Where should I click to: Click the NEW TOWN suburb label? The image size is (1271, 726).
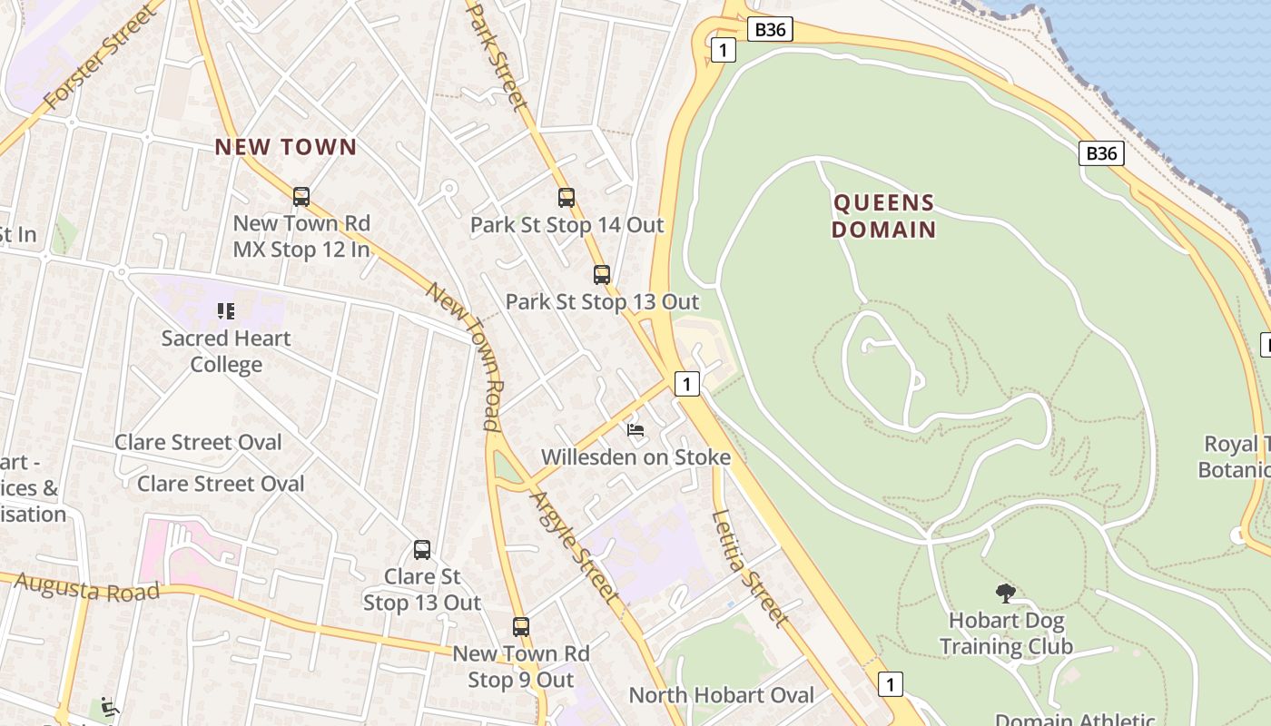point(286,147)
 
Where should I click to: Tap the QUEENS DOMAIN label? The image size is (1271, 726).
point(883,215)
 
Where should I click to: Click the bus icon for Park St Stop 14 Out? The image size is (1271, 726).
point(567,197)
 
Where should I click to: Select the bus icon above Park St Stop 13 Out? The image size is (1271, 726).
point(601,274)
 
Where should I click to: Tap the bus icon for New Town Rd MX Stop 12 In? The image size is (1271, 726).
point(301,196)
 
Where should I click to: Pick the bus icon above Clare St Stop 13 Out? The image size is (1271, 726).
point(422,549)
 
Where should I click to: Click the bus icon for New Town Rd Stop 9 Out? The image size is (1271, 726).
point(520,626)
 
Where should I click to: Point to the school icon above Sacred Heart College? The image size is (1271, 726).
point(226,311)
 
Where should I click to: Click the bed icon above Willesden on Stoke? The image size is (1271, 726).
point(635,429)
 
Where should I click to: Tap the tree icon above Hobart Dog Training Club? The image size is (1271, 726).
point(1005,594)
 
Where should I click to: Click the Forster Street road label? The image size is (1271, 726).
point(100,56)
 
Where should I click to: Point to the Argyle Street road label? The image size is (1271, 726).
point(574,547)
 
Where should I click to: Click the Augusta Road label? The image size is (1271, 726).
point(87,587)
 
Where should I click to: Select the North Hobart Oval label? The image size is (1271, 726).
point(722,695)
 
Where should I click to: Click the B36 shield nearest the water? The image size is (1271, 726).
point(1101,153)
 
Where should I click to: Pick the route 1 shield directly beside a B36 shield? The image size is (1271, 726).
point(723,50)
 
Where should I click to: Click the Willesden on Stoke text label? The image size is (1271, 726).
point(635,456)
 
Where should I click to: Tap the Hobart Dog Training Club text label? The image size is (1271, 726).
point(1006,633)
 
